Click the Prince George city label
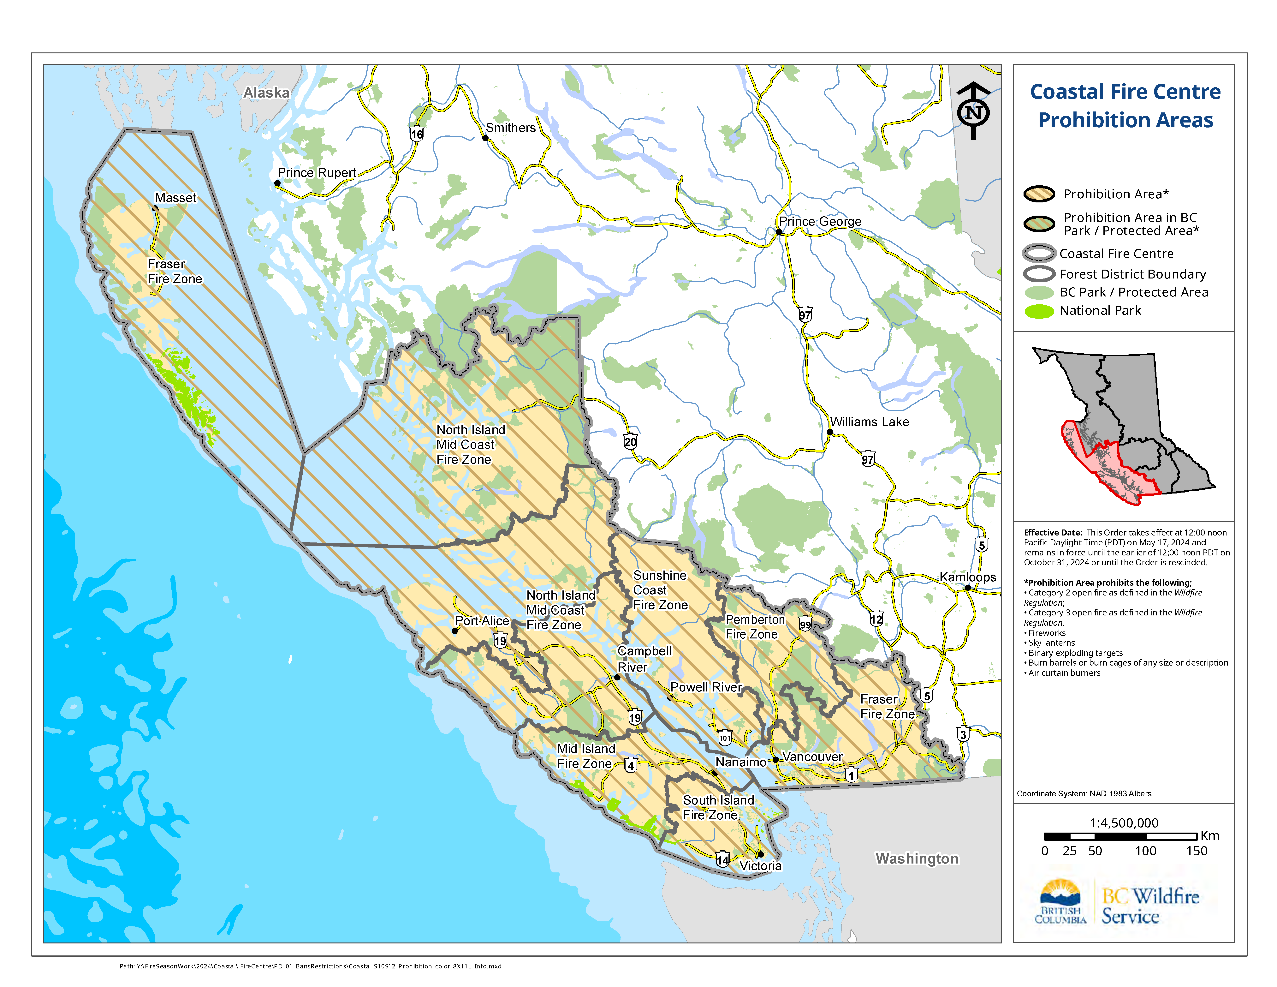coord(820,222)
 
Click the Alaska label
coord(266,93)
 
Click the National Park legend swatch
coord(1039,311)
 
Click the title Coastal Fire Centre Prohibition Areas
coord(1125,106)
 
